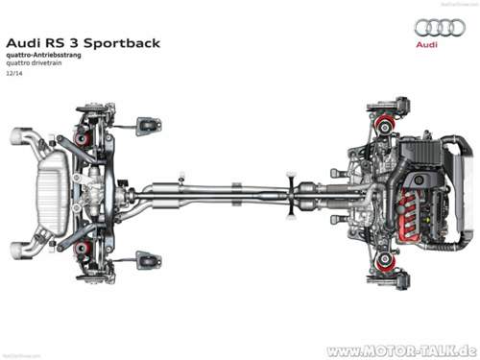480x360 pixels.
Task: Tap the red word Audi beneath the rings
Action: click(x=427, y=44)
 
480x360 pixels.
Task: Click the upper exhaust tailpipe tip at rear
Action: click(x=22, y=135)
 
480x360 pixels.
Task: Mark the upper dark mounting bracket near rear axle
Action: click(x=148, y=125)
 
